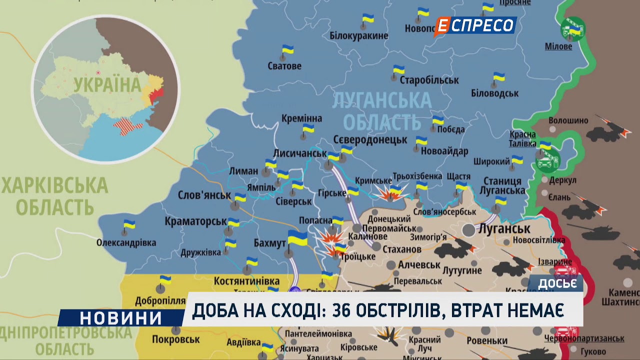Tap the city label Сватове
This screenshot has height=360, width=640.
pyautogui.click(x=284, y=65)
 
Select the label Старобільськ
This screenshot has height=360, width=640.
pyautogui.click(x=429, y=80)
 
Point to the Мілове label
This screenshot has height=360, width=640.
pyautogui.click(x=558, y=46)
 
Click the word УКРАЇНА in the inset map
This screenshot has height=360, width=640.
pyautogui.click(x=107, y=85)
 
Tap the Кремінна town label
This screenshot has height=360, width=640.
pyautogui.click(x=301, y=118)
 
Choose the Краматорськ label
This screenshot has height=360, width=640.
pyautogui.click(x=195, y=220)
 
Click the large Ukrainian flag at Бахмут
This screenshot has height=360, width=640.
pyautogui.click(x=297, y=238)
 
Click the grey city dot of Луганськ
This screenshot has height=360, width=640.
pyautogui.click(x=468, y=230)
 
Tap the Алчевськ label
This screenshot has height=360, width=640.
pyautogui.click(x=419, y=264)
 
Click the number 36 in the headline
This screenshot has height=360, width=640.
pyautogui.click(x=343, y=311)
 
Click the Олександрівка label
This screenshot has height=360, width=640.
pyautogui.click(x=126, y=242)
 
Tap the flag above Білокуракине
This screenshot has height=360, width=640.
pyautogui.click(x=368, y=19)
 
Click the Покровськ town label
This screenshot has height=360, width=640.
pyautogui.click(x=176, y=339)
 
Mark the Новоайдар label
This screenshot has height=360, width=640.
pyautogui.click(x=444, y=151)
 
